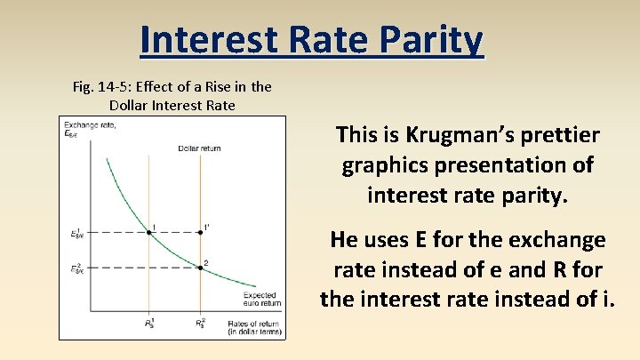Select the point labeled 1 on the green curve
coord(148,233)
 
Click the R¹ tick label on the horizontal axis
coord(148,324)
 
